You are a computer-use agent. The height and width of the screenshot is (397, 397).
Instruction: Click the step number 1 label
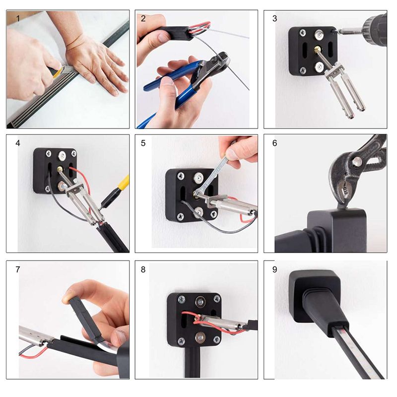click(18, 18)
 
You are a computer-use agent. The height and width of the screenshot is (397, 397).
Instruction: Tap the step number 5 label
click(143, 143)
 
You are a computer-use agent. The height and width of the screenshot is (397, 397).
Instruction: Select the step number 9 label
click(275, 269)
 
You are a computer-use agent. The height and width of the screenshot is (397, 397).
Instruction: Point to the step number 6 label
click(275, 143)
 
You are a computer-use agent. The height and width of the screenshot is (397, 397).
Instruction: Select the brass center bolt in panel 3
click(317, 49)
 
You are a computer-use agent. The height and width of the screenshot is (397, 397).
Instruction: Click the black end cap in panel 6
click(337, 230)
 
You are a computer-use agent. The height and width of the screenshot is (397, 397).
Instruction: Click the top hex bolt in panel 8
click(200, 302)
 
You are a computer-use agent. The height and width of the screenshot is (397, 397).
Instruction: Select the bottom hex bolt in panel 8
click(200, 337)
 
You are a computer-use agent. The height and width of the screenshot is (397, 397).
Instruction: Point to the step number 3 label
click(275, 18)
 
